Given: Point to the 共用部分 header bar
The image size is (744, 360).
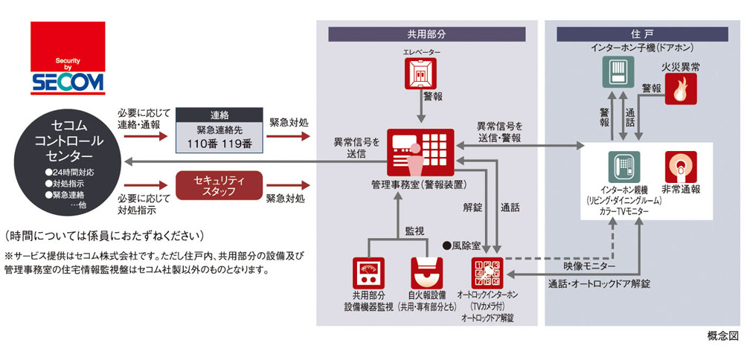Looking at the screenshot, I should click(x=427, y=33).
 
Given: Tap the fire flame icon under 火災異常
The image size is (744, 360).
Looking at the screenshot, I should click(x=680, y=91).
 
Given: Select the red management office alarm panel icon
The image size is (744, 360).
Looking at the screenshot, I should click(x=422, y=152).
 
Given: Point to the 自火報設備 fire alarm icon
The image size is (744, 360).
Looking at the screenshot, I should click(x=426, y=274).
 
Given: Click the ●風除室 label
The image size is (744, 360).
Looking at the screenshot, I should click(x=465, y=245).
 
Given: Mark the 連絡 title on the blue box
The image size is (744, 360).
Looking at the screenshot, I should click(x=219, y=115).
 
